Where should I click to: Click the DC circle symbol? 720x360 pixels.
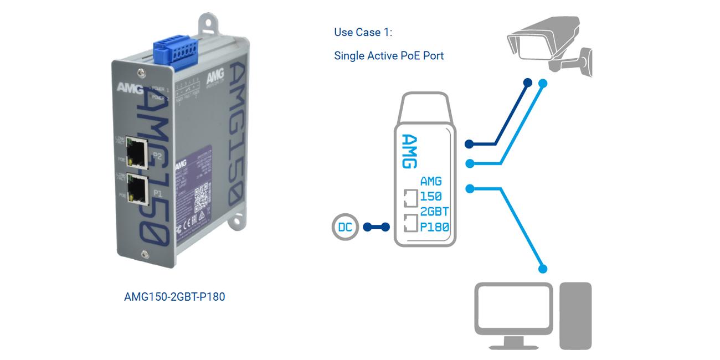point(346,227)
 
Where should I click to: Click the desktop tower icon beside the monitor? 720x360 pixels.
point(575,316)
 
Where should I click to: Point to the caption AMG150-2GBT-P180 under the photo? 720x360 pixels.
point(174,297)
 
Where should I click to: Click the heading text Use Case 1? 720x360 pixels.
point(363,32)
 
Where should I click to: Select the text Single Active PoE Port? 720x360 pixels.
point(389,55)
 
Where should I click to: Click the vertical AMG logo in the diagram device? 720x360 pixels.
point(408,151)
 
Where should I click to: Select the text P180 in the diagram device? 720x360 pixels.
point(434,227)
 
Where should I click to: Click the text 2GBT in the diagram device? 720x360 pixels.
point(434,212)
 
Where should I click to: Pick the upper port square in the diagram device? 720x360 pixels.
point(410,198)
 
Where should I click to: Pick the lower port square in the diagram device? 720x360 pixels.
point(410,223)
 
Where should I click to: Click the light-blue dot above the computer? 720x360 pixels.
point(543,269)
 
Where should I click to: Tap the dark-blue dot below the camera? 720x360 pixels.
point(527,83)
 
